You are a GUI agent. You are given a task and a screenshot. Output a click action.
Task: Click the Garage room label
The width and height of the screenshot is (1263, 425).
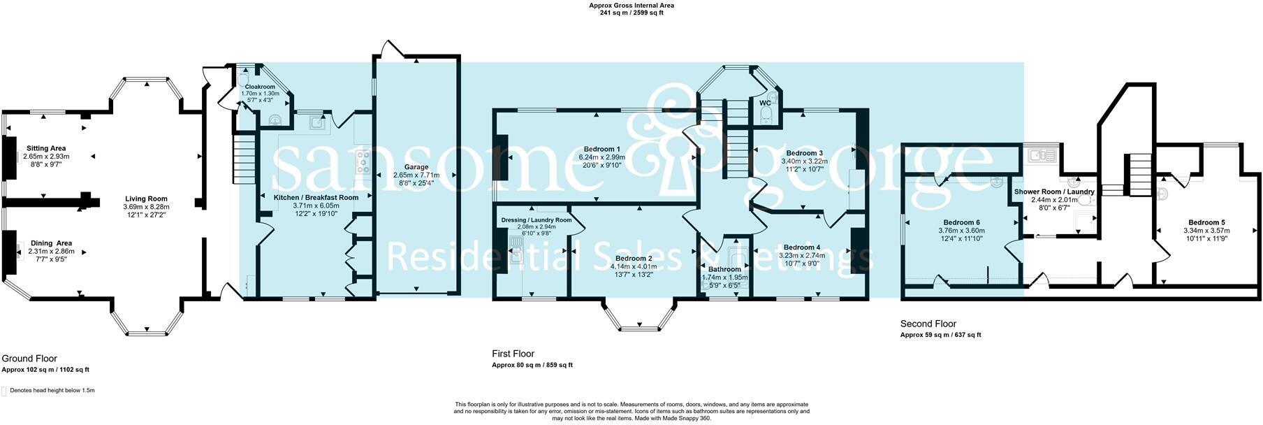point(416,167)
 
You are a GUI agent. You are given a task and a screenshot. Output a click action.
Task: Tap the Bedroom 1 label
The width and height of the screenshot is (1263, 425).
point(601,149)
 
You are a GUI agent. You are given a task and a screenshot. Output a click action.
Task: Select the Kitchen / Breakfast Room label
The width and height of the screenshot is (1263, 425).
point(316,198)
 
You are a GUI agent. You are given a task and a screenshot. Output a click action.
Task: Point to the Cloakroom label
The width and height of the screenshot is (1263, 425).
point(259,87)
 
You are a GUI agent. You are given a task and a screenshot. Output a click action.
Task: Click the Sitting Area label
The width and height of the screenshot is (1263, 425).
point(46,148)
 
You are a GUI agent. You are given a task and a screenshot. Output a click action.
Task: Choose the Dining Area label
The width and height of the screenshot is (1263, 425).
point(51,243)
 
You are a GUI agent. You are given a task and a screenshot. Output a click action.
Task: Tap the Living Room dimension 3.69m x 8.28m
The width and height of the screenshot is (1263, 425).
point(146,207)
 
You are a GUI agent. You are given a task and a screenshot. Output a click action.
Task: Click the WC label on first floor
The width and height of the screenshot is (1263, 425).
point(765,103)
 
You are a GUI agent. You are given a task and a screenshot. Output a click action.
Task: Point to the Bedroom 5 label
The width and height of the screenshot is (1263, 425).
point(1206,222)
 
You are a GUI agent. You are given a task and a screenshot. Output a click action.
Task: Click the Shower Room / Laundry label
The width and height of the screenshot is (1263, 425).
point(1053,192)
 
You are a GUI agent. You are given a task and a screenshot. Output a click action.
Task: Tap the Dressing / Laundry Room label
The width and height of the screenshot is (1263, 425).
point(536,219)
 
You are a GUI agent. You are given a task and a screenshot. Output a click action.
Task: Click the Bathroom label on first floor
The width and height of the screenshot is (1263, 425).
point(724,269)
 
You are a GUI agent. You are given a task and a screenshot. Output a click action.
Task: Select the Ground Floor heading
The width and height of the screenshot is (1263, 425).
point(29,359)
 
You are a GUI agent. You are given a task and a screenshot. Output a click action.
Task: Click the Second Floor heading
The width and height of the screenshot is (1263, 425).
point(928,324)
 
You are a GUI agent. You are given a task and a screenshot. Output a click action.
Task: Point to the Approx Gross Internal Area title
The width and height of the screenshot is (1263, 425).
point(631,6)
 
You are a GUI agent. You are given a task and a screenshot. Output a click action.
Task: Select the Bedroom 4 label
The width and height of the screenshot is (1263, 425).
point(801,247)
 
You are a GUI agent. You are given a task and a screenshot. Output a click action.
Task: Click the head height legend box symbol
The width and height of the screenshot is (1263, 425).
point(4,391)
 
